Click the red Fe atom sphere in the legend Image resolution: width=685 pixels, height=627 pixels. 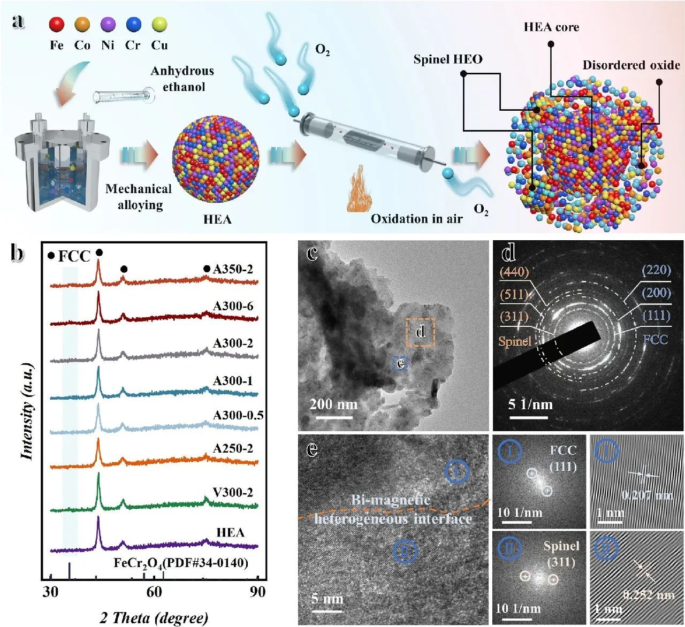coord(57,25)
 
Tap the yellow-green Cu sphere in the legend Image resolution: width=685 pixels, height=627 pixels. coord(159,25)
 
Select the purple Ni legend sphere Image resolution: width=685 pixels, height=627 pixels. coord(108,25)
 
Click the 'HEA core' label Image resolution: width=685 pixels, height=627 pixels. coord(551,27)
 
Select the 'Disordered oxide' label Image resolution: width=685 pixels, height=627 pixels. coord(631,65)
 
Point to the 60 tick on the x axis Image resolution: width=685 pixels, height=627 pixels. coord(154,592)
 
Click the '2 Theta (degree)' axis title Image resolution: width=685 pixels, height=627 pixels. coord(154,618)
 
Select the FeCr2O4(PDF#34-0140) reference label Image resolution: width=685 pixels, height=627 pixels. coord(181,562)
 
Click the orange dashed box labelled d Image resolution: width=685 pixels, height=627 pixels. coord(420,332)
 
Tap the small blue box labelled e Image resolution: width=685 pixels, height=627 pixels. coord(400,364)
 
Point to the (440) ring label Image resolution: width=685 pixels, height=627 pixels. coord(514,272)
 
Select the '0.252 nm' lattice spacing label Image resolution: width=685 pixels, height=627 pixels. coord(649,595)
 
